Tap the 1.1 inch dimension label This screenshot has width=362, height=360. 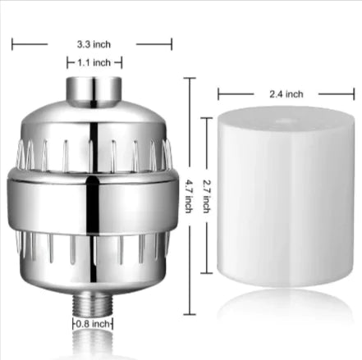(x=94, y=61)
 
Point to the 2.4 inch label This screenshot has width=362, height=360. (x=286, y=93)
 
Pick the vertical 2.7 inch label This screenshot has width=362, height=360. (x=207, y=197)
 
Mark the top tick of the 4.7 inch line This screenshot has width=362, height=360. (x=191, y=79)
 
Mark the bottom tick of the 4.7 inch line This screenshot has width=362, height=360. (x=191, y=313)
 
